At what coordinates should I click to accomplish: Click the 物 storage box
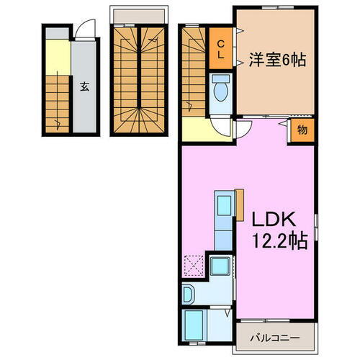point(303,130)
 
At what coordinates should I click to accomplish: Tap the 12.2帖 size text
point(279,242)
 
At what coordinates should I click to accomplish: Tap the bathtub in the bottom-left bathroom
point(195,326)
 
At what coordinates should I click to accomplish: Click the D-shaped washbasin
point(188,294)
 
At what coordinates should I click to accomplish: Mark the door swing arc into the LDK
point(243,130)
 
